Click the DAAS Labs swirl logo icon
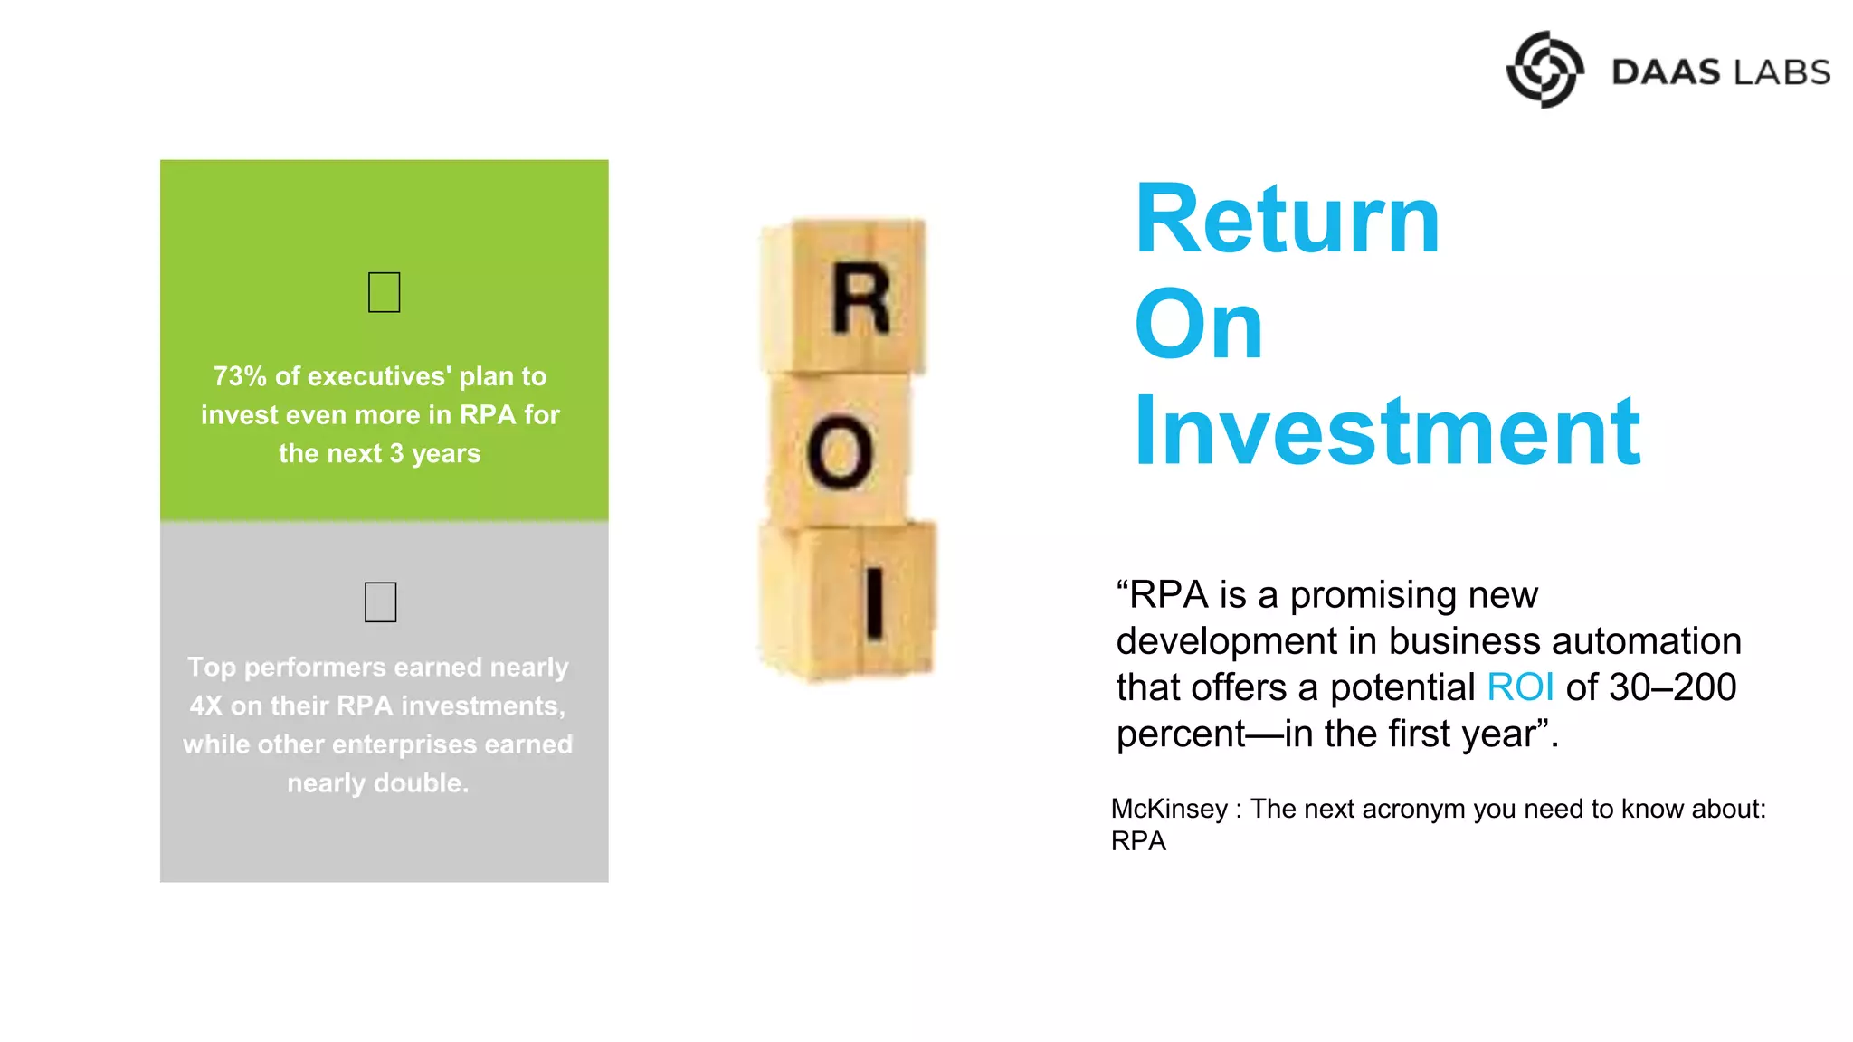[x=1544, y=70]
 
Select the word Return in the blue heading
[x=1287, y=220]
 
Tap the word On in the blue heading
[x=1198, y=326]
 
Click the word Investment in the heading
[x=1387, y=432]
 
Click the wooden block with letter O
[x=841, y=450]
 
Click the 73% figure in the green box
[x=241, y=376]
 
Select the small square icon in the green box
[x=385, y=292]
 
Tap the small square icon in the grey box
[x=381, y=602]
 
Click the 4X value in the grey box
[x=206, y=706]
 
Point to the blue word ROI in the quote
[x=1520, y=687]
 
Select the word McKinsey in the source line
[x=1169, y=809]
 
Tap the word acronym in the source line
[x=1414, y=809]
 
